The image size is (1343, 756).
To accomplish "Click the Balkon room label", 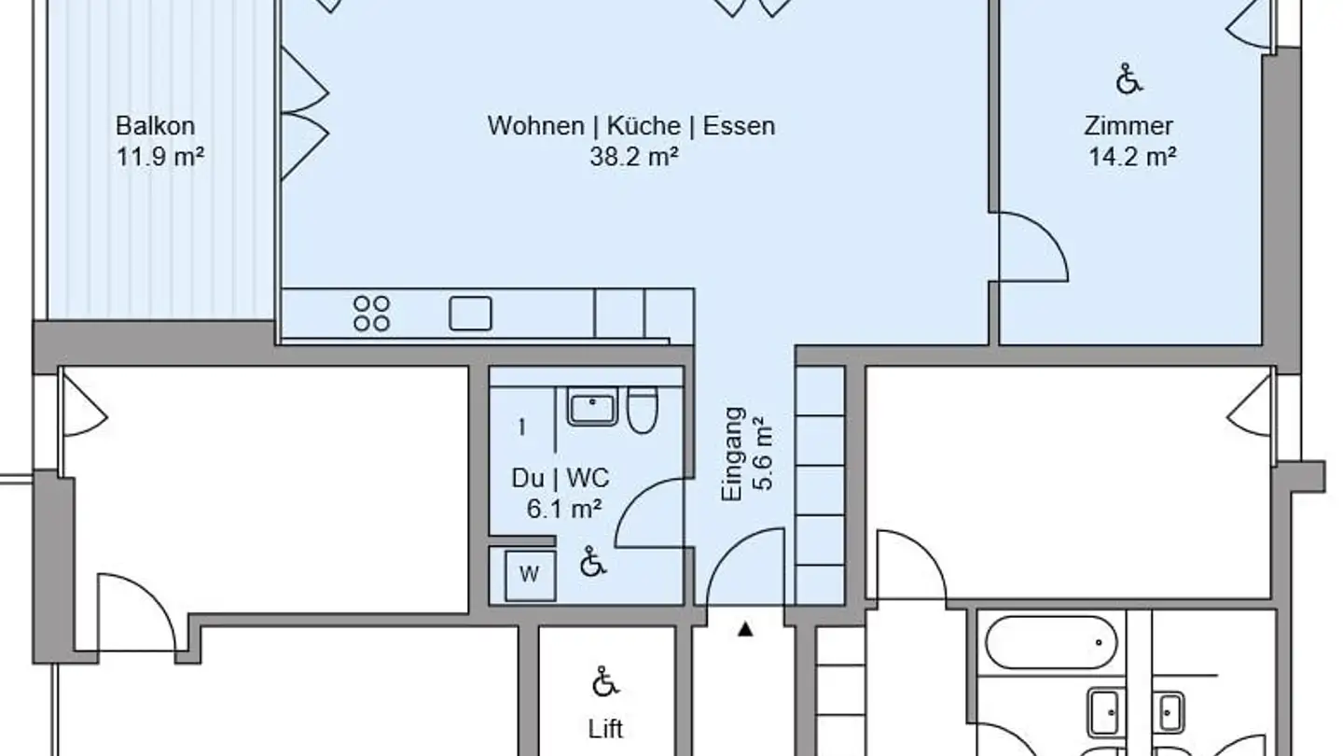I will pyautogui.click(x=155, y=126).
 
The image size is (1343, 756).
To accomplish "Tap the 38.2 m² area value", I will pyautogui.click(x=632, y=157).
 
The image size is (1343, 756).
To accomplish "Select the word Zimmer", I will pyautogui.click(x=1128, y=126).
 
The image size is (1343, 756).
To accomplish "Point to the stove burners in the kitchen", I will pyautogui.click(x=371, y=314).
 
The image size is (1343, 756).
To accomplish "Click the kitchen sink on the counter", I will pyautogui.click(x=470, y=314).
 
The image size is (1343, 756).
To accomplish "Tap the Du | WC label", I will pyautogui.click(x=560, y=479).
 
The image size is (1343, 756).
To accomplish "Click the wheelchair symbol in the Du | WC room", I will pyautogui.click(x=591, y=562).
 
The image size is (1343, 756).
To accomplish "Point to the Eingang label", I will pyautogui.click(x=734, y=454).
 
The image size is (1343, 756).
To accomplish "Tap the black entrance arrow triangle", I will pyautogui.click(x=745, y=630).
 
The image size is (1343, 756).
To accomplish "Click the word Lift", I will pyautogui.click(x=605, y=728).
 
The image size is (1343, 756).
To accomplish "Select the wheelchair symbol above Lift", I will pyautogui.click(x=605, y=683).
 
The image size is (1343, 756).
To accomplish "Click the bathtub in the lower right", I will pyautogui.click(x=1050, y=642).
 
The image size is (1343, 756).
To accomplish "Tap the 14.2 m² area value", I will pyautogui.click(x=1131, y=157).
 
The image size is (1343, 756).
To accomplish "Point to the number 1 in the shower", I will pyautogui.click(x=521, y=427).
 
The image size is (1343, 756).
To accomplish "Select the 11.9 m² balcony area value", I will pyautogui.click(x=159, y=157).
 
